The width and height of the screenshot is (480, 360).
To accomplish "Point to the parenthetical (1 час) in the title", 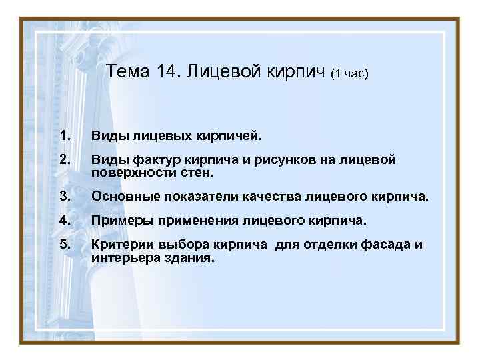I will click(350, 74).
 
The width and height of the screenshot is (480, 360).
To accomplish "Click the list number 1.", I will click(64, 136).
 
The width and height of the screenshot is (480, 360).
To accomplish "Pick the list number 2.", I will click(64, 160).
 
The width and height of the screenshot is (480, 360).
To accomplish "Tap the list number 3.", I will click(64, 197).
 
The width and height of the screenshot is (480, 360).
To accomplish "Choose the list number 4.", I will click(64, 220).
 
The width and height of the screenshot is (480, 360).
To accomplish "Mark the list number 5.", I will click(64, 244).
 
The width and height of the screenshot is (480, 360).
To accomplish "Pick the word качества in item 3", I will click(257, 197).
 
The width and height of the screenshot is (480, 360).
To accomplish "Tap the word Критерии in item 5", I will click(121, 244).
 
